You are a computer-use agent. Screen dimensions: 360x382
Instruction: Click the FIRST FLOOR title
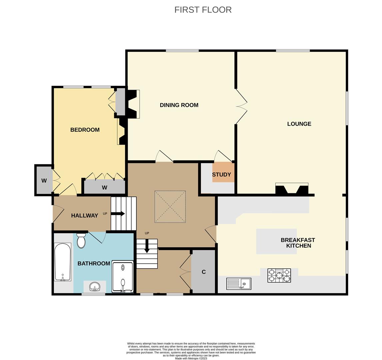(x=203, y=10)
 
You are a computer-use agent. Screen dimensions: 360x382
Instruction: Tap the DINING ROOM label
(x=179, y=105)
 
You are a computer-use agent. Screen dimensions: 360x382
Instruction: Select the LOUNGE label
(x=299, y=124)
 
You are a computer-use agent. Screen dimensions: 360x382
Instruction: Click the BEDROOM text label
(x=85, y=130)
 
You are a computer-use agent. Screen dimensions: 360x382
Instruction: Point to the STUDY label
(x=221, y=174)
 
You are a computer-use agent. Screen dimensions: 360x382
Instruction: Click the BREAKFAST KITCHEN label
(x=298, y=243)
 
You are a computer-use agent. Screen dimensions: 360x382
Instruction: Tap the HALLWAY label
(x=84, y=215)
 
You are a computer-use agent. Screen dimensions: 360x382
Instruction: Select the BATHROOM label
(x=94, y=263)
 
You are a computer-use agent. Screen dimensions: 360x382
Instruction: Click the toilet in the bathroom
(x=81, y=241)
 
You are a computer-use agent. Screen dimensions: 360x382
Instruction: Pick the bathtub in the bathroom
(x=62, y=262)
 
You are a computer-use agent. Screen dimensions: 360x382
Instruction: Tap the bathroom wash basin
(x=95, y=287)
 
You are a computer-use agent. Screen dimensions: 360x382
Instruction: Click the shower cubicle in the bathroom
(x=123, y=277)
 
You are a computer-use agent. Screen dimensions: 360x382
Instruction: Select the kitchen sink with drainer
(x=238, y=284)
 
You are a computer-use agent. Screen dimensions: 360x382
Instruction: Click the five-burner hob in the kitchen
(x=279, y=275)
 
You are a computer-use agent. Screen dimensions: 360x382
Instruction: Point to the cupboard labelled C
(x=203, y=272)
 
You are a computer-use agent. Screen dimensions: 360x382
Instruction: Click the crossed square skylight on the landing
(x=170, y=206)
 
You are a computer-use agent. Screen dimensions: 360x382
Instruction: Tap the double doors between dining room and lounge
(x=241, y=106)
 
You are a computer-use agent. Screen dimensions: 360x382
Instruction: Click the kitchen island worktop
(x=276, y=241)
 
